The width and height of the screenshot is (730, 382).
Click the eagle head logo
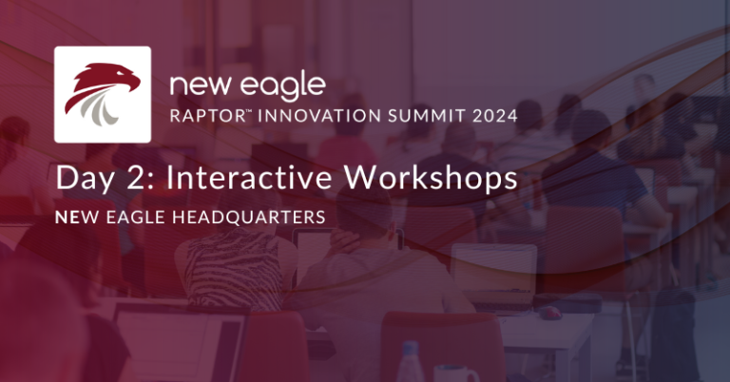102,94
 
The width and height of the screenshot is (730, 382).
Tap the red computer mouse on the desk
550,311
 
